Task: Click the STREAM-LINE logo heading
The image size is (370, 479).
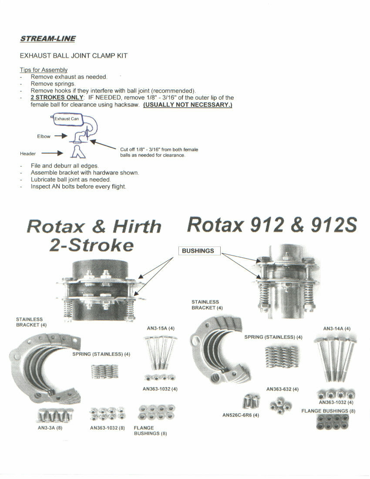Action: click(x=48, y=39)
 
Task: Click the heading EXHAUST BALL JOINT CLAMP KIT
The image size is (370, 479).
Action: click(x=74, y=56)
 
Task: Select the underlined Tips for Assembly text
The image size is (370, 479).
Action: click(x=44, y=70)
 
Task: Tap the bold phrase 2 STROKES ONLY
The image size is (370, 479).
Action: click(x=57, y=98)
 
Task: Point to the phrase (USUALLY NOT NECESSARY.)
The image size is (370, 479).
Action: click(x=188, y=105)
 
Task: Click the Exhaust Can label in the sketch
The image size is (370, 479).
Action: click(x=67, y=118)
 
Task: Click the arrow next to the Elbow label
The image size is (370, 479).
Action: click(x=61, y=136)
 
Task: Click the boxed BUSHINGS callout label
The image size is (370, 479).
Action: click(x=198, y=251)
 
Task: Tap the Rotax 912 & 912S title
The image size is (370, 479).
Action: click(x=272, y=225)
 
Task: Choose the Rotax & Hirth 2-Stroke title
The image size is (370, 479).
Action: click(x=94, y=236)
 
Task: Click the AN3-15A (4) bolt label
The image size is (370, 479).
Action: click(x=161, y=328)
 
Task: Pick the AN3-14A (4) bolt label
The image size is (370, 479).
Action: click(x=336, y=328)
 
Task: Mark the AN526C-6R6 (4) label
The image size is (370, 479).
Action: click(x=241, y=415)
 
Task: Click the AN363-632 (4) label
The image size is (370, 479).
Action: click(x=283, y=389)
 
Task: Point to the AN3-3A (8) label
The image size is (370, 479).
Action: click(x=50, y=428)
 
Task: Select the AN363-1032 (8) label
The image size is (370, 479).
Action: click(x=108, y=428)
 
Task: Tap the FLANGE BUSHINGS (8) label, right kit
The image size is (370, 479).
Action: click(x=328, y=411)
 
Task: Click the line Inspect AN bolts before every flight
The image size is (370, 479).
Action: click(x=78, y=186)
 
